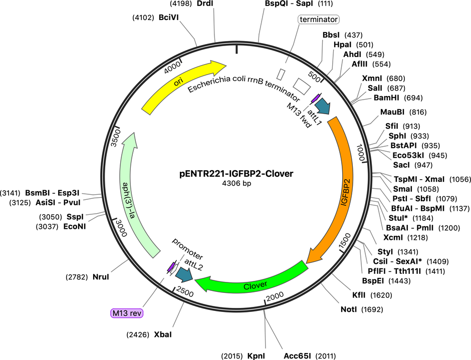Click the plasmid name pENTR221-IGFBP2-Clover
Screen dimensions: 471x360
coord(237,174)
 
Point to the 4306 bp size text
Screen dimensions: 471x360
coord(237,183)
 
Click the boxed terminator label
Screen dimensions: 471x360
coord(318,20)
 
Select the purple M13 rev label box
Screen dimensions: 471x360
coord(127,313)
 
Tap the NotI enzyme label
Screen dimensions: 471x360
coord(349,309)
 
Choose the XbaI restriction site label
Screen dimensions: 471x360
coord(163,334)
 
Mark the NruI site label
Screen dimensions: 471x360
coord(101,277)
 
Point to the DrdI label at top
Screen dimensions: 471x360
coord(205,4)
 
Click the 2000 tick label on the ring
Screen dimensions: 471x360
coord(275,296)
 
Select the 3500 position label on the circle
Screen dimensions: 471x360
coord(116,138)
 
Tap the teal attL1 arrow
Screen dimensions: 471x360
coord(323,106)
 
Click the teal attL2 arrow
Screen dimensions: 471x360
coord(184,274)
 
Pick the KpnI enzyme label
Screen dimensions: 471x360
coord(256,356)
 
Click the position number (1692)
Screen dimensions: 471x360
coord(372,309)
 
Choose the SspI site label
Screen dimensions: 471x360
coord(75,217)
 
